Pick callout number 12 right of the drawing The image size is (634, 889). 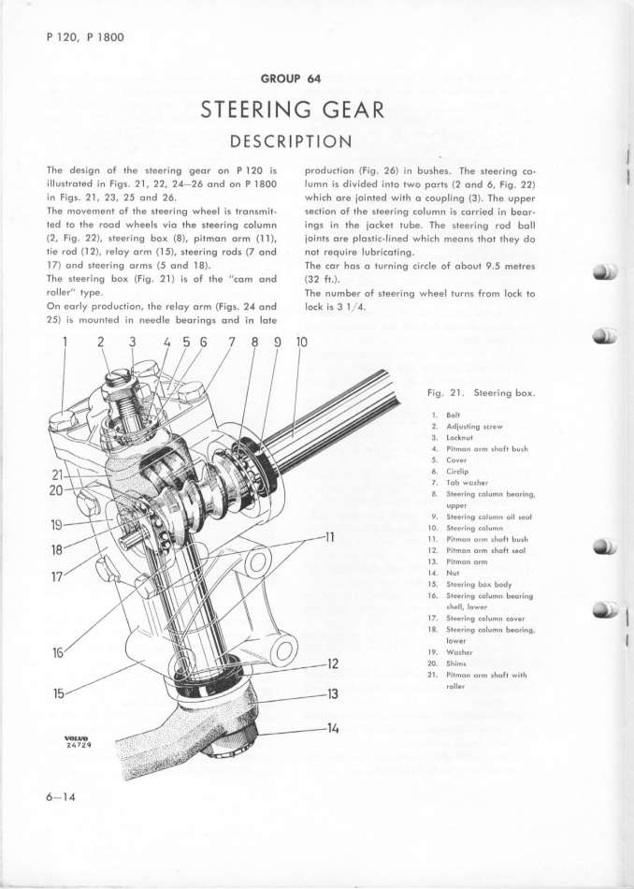[328, 664]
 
